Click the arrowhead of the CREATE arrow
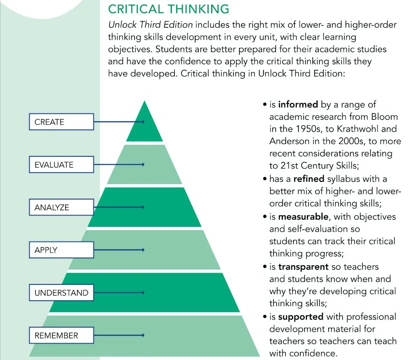pos(143,122)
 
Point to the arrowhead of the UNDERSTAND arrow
pos(143,293)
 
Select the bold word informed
pos(298,105)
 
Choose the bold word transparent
pos(303,267)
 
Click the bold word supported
pos(300,317)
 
